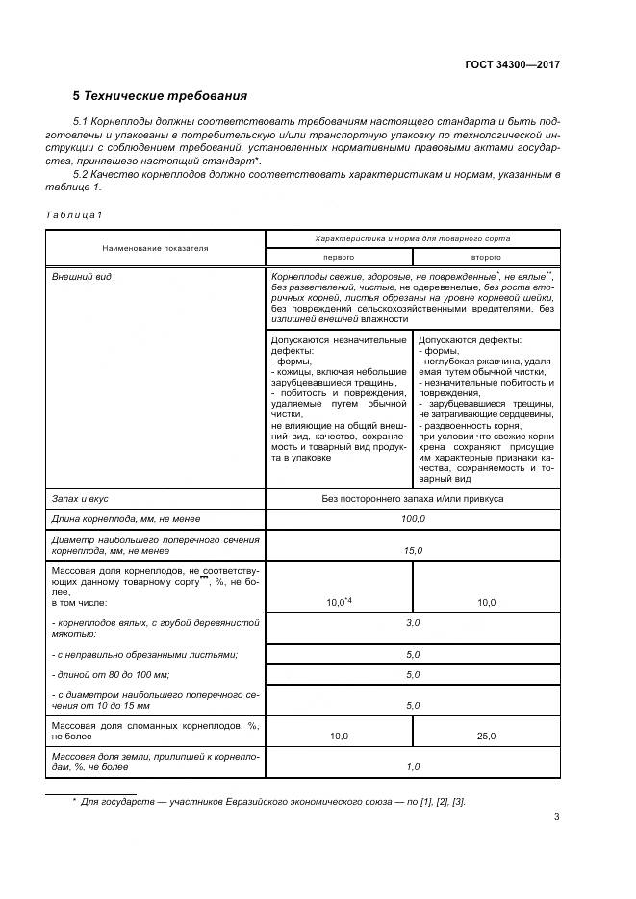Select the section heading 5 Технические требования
pyautogui.click(x=160, y=96)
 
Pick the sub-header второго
pyautogui.click(x=485, y=258)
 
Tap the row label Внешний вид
pyautogui.click(x=76, y=277)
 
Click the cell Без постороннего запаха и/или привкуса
pyautogui.click(x=413, y=499)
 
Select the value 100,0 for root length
pyautogui.click(x=413, y=519)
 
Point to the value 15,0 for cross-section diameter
pyautogui.click(x=413, y=549)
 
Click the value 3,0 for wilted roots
pyautogui.click(x=413, y=623)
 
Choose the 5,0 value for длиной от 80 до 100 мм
pyautogui.click(x=413, y=674)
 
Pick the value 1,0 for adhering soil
pyautogui.click(x=413, y=766)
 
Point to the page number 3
pyautogui.click(x=556, y=818)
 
